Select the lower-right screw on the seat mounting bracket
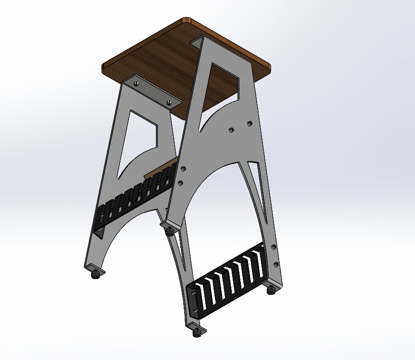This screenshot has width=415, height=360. pos(169,102)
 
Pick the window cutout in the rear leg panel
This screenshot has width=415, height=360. pos(139,139)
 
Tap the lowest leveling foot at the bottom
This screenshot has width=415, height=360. pos(196,331)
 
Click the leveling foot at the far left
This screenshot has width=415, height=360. pos(95,274)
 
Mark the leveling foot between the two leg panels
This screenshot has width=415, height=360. pos(169,232)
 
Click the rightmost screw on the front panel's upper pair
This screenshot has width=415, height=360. pos(249,124)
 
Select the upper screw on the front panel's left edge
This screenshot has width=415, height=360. pos(182,169)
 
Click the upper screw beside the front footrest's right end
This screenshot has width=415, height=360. pos(273,247)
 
